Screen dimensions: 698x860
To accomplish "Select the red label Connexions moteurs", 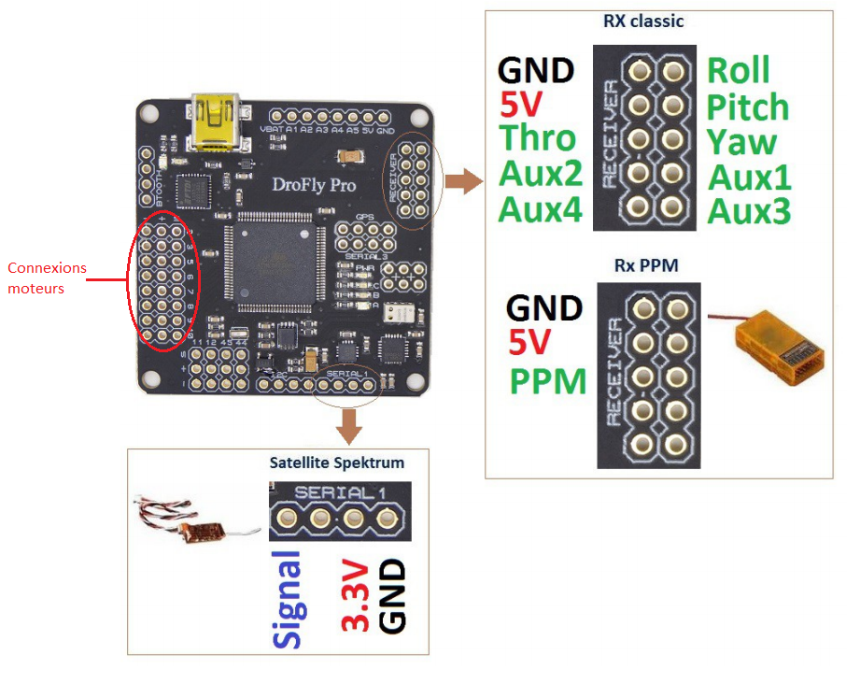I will point(47,278).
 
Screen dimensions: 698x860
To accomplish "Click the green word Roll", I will point(738,71).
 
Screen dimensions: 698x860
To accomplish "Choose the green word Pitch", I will point(747,107).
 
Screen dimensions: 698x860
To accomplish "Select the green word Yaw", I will point(741,142).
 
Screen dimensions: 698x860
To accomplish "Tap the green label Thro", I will point(538,138).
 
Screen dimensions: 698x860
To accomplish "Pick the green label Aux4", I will point(541,208).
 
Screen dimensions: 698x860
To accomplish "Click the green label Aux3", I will point(749,211).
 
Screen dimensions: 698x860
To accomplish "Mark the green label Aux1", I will point(749,177).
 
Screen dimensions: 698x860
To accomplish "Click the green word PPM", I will point(548,381).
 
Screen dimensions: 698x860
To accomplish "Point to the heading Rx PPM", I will point(645,266).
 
